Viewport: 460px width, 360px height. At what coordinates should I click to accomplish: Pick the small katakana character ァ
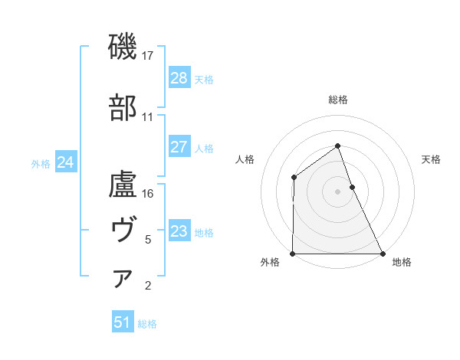tap(123, 279)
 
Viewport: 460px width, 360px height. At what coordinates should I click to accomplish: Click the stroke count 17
tap(149, 56)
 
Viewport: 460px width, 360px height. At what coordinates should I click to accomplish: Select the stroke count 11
tap(148, 117)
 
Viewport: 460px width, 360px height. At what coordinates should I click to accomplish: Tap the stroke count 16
tap(149, 194)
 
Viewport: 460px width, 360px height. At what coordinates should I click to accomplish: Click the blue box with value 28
tap(179, 78)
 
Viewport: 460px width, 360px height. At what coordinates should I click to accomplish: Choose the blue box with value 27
tap(179, 147)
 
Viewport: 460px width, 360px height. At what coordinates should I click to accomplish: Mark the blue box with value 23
tap(179, 231)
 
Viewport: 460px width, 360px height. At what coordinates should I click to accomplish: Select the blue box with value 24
tap(65, 162)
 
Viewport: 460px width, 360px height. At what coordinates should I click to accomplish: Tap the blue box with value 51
tap(122, 322)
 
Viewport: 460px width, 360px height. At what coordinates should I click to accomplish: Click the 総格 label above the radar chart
tap(338, 100)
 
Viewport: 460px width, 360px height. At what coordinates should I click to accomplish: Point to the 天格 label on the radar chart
tap(432, 159)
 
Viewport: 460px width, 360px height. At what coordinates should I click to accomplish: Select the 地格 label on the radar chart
tap(402, 262)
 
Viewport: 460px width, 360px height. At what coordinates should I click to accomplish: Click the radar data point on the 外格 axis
tap(293, 254)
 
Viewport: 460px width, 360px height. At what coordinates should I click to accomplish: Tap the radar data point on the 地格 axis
tap(383, 254)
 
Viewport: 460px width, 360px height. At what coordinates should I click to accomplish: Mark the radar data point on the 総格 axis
tap(338, 146)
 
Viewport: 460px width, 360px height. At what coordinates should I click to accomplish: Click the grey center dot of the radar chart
tap(338, 191)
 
